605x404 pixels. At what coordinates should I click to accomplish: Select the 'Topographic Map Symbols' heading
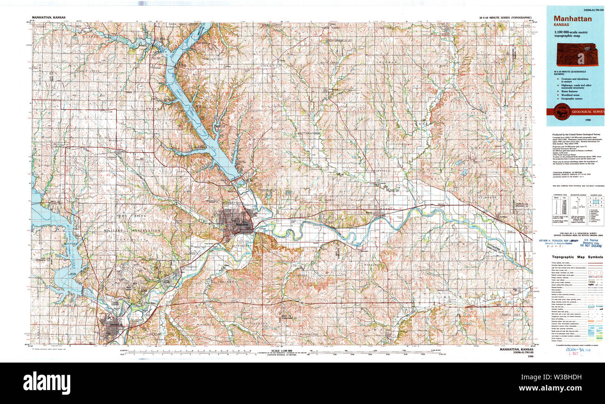(577, 257)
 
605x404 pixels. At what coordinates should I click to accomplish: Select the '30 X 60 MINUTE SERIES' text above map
(505, 18)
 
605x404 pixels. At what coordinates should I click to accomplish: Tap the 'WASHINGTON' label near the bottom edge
(309, 334)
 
